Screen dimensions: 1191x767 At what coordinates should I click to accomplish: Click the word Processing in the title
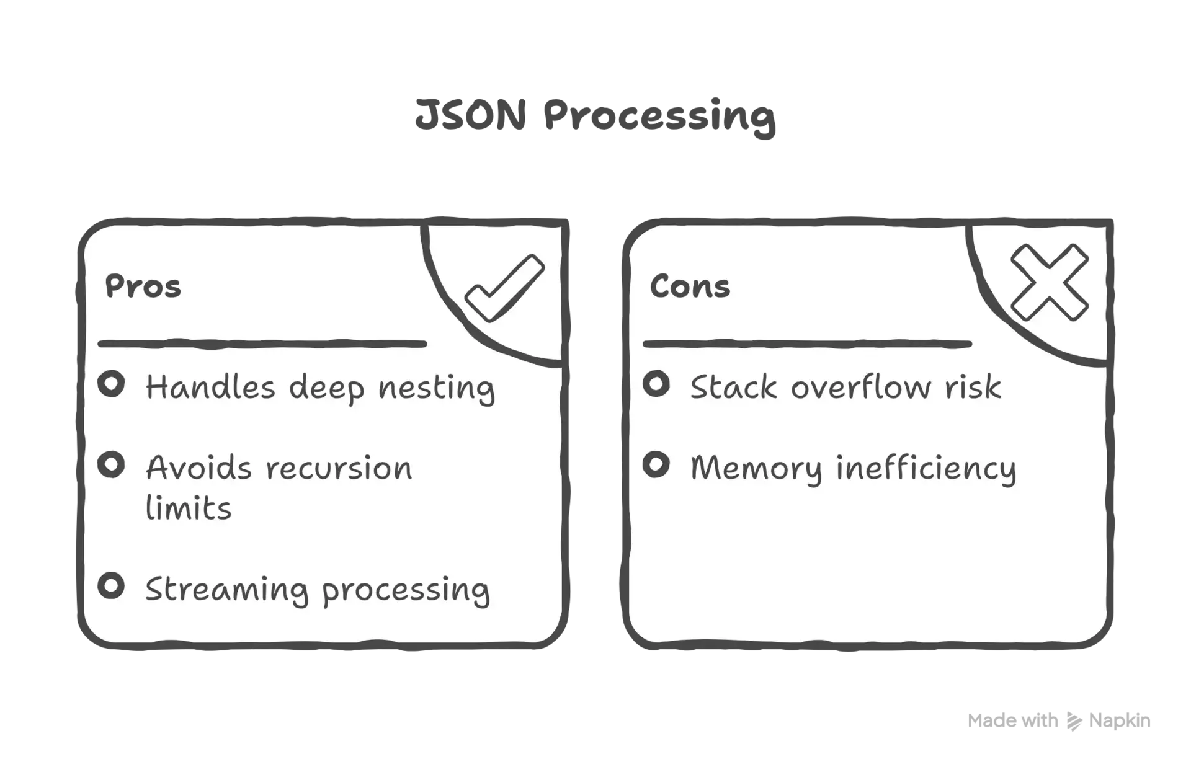(659, 117)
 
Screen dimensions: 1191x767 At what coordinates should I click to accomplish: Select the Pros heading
(143, 286)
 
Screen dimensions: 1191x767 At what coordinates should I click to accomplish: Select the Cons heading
(690, 286)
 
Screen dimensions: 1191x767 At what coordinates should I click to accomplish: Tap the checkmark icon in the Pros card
(504, 288)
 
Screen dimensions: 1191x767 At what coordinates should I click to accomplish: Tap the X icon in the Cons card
(1050, 283)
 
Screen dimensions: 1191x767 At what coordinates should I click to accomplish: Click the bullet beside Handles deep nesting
(111, 384)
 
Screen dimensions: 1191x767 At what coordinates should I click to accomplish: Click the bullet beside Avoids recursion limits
(111, 464)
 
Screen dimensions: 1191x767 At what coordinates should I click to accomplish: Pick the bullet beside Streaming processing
(111, 586)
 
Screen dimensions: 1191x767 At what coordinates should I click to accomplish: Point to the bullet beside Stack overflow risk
(656, 384)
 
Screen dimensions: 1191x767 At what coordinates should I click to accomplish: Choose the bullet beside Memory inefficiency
(656, 464)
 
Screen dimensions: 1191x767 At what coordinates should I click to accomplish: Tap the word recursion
(339, 468)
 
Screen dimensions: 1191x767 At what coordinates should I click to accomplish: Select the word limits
(189, 507)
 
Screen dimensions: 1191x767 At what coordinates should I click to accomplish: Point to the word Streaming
(227, 590)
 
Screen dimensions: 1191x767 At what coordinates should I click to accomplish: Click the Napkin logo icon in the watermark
(1074, 721)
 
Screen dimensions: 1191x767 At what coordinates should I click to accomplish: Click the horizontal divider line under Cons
(807, 344)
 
